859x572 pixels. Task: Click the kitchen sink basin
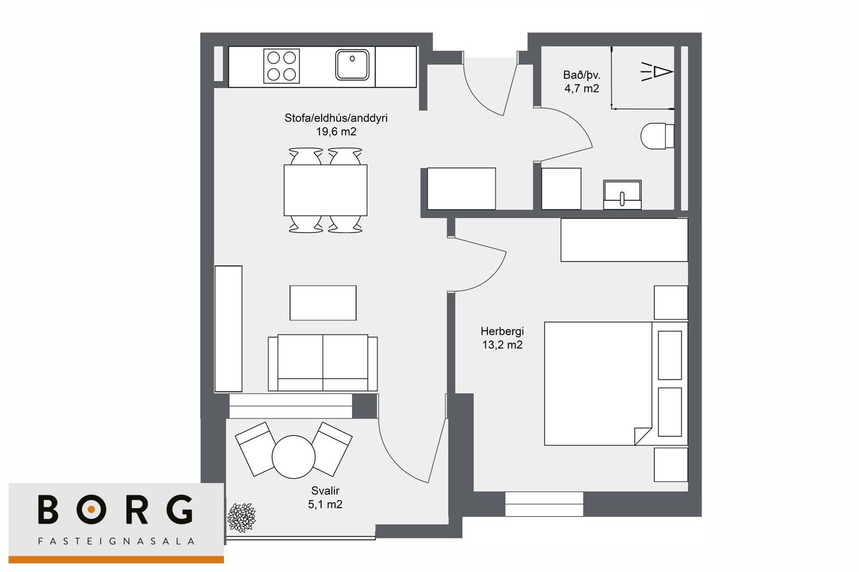pos(352,65)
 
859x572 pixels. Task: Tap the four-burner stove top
pos(281,66)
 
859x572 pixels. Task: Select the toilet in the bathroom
pos(657,136)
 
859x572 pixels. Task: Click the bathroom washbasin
pos(622,195)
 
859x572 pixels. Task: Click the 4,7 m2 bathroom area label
pos(582,88)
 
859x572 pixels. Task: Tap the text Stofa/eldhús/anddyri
pos(336,118)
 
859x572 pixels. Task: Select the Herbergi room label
pos(502,331)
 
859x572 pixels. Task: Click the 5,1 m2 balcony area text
pos(325,504)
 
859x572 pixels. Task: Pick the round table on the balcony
pos(293,457)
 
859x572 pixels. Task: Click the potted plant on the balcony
pos(241,517)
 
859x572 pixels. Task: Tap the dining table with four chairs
pos(325,190)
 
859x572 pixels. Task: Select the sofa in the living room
pos(323,363)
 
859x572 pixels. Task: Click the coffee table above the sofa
pos(323,303)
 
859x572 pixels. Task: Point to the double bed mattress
pos(598,383)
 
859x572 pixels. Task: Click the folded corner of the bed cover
pos(642,436)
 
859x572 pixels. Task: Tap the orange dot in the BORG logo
pos(91,509)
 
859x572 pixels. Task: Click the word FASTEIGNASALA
pos(116,541)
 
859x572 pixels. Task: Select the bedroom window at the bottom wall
pos(544,504)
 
